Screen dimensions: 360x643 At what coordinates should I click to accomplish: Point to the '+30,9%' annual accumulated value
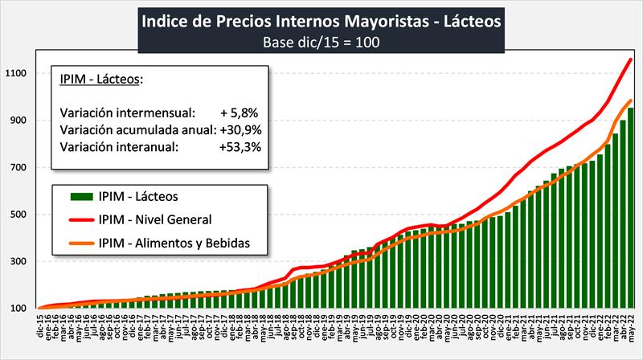[x=240, y=129]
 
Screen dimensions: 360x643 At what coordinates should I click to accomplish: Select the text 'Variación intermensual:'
[x=127, y=112]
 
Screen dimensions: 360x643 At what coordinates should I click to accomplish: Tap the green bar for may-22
[x=630, y=209]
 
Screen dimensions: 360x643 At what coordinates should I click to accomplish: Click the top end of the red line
[x=630, y=59]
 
